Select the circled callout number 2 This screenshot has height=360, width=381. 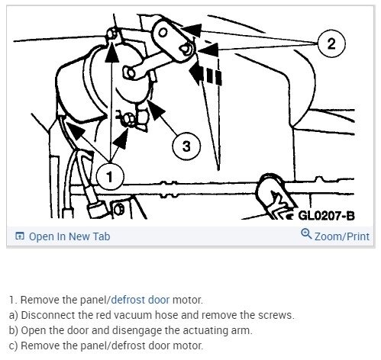331,43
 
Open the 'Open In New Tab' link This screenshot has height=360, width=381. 69,236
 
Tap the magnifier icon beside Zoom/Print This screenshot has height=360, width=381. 307,236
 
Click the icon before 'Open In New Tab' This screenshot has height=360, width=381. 19,236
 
